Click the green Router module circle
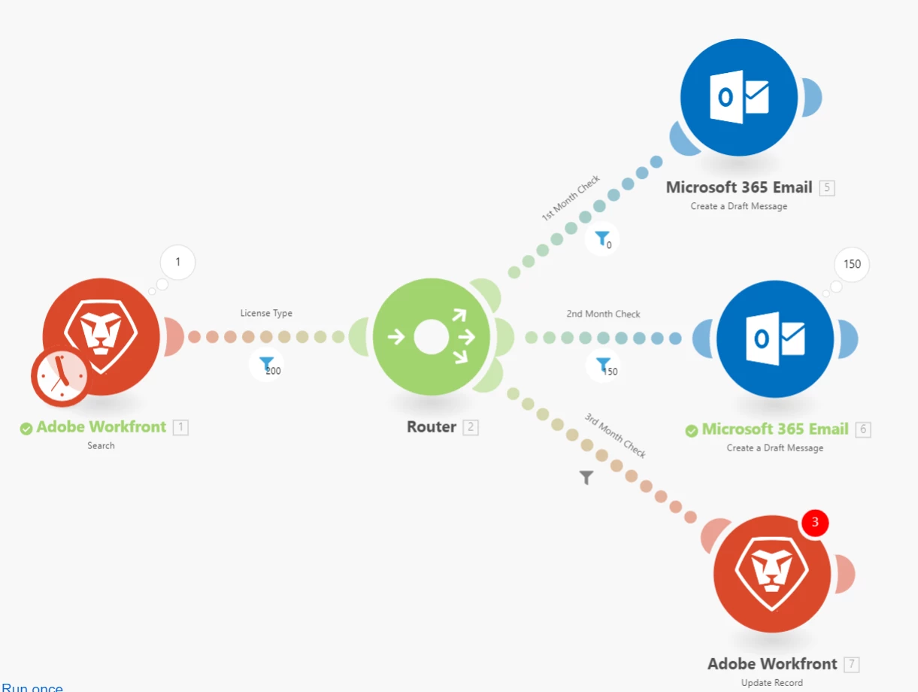click(431, 337)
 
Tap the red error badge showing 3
click(815, 522)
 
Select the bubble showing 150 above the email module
click(852, 265)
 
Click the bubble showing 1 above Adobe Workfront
click(178, 263)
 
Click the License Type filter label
click(266, 313)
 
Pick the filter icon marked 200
click(266, 365)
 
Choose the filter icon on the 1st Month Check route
click(602, 239)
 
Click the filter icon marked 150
click(603, 366)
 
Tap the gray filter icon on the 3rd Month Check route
click(586, 478)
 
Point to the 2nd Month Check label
click(603, 314)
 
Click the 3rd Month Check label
click(616, 436)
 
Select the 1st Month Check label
click(571, 198)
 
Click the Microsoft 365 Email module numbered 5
click(738, 98)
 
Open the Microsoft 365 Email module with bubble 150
click(775, 338)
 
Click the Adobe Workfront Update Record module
click(772, 575)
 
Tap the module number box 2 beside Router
click(471, 428)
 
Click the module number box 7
click(851, 664)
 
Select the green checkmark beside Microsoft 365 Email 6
click(692, 430)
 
